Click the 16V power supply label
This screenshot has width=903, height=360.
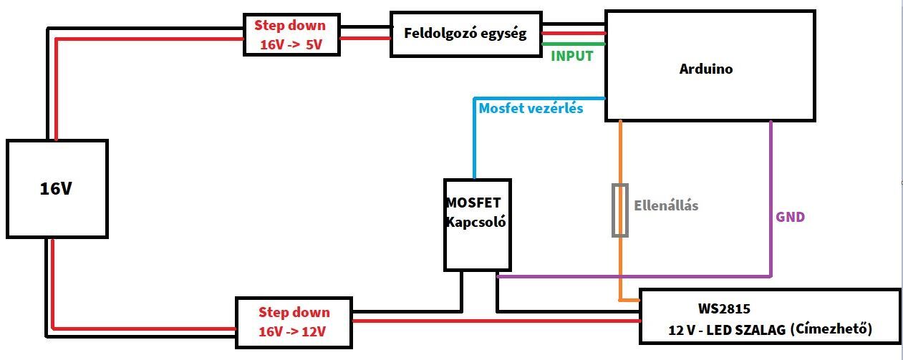56,188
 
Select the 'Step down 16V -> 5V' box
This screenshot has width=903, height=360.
291,34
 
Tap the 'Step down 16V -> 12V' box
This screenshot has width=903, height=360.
294,323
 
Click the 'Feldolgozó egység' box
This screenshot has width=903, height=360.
465,34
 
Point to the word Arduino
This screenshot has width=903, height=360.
706,69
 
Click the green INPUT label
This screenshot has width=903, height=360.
572,56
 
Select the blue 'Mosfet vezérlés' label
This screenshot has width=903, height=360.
531,108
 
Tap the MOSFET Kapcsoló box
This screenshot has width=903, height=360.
478,225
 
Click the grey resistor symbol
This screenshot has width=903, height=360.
620,210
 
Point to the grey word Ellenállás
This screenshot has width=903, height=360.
666,206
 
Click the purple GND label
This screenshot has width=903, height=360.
790,217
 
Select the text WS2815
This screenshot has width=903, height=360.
724,309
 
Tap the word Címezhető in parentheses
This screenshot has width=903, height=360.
831,329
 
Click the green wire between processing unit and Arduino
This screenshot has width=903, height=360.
574,44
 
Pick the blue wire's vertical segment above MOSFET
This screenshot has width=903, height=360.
474,138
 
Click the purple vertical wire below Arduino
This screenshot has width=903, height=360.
771,198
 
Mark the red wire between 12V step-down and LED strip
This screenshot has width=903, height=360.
496,321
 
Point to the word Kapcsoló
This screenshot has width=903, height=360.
475,222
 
